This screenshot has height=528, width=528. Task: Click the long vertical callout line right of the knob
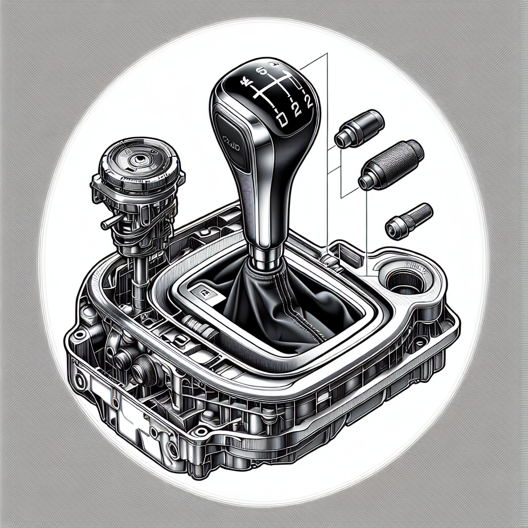[x=328, y=155]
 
